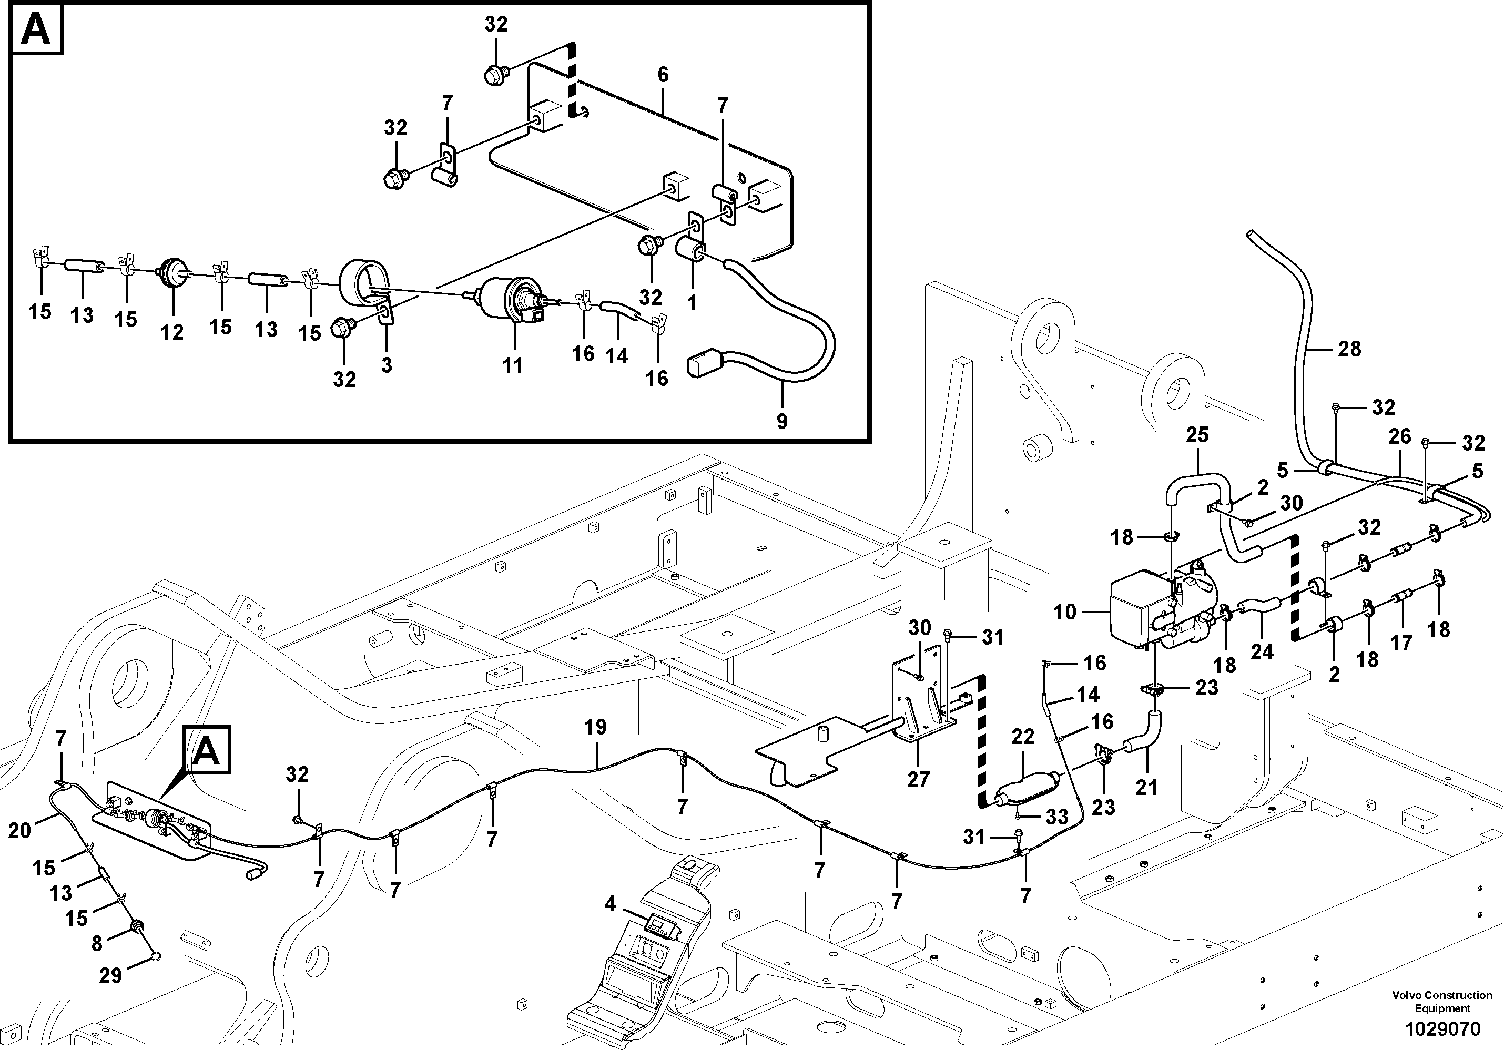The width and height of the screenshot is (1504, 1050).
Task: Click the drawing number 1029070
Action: (x=1442, y=1029)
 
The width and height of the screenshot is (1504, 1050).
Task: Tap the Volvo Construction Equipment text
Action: (x=1442, y=1002)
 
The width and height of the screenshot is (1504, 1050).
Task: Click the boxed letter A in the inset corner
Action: (x=36, y=29)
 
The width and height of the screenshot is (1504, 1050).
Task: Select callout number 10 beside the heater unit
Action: (x=1064, y=612)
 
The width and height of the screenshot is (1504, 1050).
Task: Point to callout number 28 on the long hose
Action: (x=1349, y=349)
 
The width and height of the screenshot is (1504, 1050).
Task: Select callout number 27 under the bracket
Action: (x=918, y=779)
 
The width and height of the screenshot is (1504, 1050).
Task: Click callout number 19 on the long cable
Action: (x=595, y=727)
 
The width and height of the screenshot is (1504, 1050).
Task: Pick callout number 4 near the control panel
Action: (x=610, y=904)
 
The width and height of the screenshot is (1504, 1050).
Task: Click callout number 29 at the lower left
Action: (x=110, y=976)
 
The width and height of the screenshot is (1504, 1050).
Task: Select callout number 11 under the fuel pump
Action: (x=512, y=365)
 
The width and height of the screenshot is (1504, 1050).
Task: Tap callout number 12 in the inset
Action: (x=172, y=332)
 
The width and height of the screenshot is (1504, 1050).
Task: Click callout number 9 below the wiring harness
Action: (x=781, y=421)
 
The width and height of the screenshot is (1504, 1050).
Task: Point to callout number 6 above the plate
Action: (x=663, y=75)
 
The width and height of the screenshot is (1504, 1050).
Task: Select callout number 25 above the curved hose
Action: (x=1197, y=435)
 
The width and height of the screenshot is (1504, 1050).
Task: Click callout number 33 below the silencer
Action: (x=1056, y=817)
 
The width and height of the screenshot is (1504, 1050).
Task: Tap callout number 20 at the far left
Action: (x=19, y=831)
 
